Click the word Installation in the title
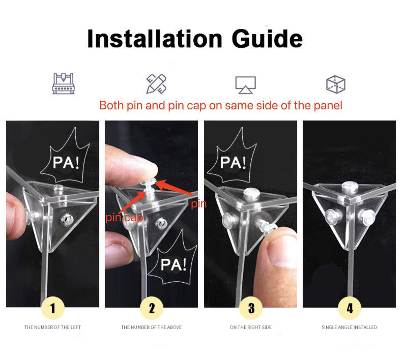click(x=155, y=39)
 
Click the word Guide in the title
click(x=267, y=39)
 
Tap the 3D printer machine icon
click(x=63, y=83)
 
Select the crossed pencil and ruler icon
click(x=156, y=84)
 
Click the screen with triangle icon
click(x=246, y=85)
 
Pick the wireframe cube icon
click(x=336, y=84)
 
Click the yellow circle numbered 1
click(x=53, y=308)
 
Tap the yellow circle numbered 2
click(x=152, y=308)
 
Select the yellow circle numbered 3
click(x=251, y=308)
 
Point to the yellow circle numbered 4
click(x=350, y=308)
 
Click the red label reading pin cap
click(x=124, y=218)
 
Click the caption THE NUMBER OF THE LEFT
click(x=52, y=327)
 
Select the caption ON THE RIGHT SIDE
click(x=251, y=327)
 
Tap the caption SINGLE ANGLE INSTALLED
click(x=349, y=327)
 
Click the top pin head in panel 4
click(x=349, y=186)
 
